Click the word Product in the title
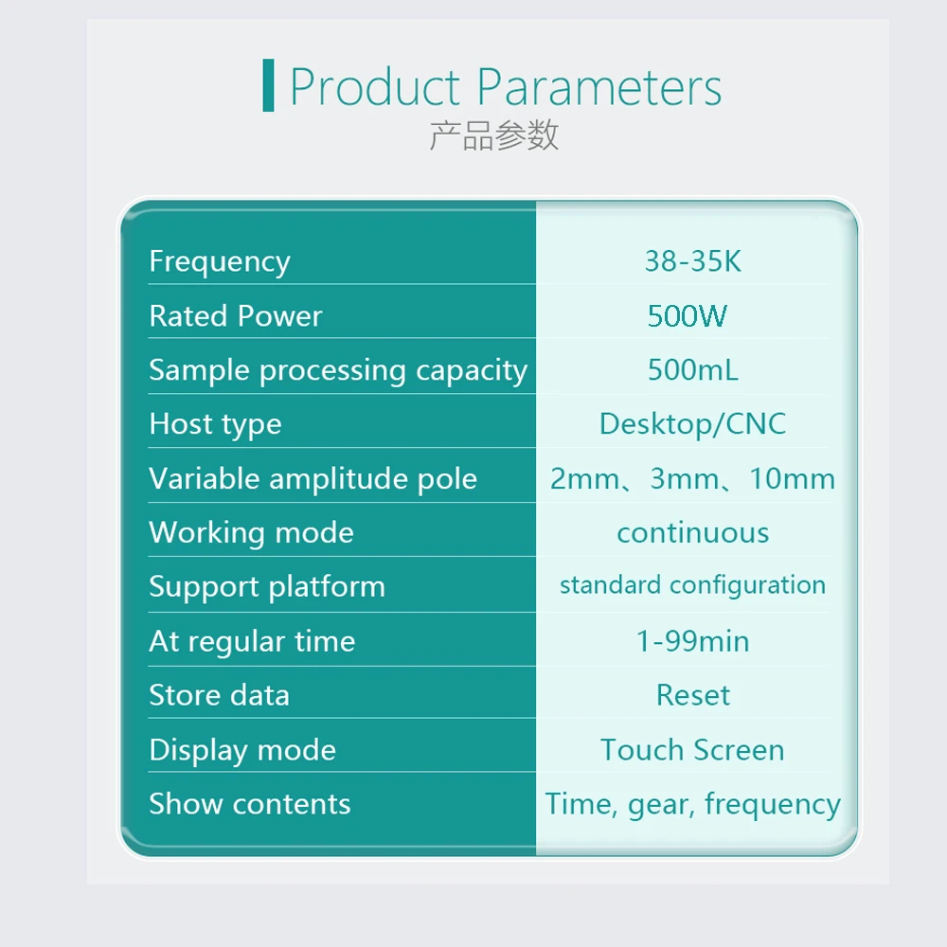pyautogui.click(x=375, y=87)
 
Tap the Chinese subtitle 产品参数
pyautogui.click(x=494, y=135)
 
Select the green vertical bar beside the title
pyautogui.click(x=268, y=85)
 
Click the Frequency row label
pyautogui.click(x=220, y=262)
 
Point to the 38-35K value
pyautogui.click(x=693, y=261)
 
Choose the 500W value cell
pyautogui.click(x=688, y=315)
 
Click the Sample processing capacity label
pyautogui.click(x=338, y=371)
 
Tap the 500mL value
pyautogui.click(x=693, y=369)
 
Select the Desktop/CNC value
pyautogui.click(x=693, y=424)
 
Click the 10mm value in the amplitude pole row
pyautogui.click(x=793, y=479)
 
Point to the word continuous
pyautogui.click(x=693, y=533)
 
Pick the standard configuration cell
pyautogui.click(x=693, y=585)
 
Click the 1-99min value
pyautogui.click(x=693, y=641)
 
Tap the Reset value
pyautogui.click(x=693, y=695)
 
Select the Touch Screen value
pyautogui.click(x=693, y=750)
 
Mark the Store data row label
pyautogui.click(x=220, y=695)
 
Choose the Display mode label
pyautogui.click(x=242, y=751)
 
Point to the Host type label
pyautogui.click(x=215, y=425)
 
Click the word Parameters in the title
pyautogui.click(x=599, y=87)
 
